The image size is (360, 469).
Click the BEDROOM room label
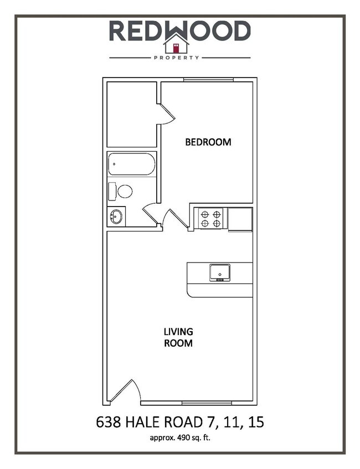[208, 142]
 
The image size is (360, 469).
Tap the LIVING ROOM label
[178, 337]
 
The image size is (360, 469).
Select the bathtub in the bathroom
[131, 164]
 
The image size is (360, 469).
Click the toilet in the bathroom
[125, 192]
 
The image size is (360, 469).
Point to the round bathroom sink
[116, 216]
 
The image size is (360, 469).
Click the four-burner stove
[210, 218]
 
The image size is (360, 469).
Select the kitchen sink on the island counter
[220, 272]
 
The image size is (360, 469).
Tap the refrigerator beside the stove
[240, 218]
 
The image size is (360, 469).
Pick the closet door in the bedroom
[166, 113]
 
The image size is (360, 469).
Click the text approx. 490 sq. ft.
[179, 438]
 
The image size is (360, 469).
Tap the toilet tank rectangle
[112, 192]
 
